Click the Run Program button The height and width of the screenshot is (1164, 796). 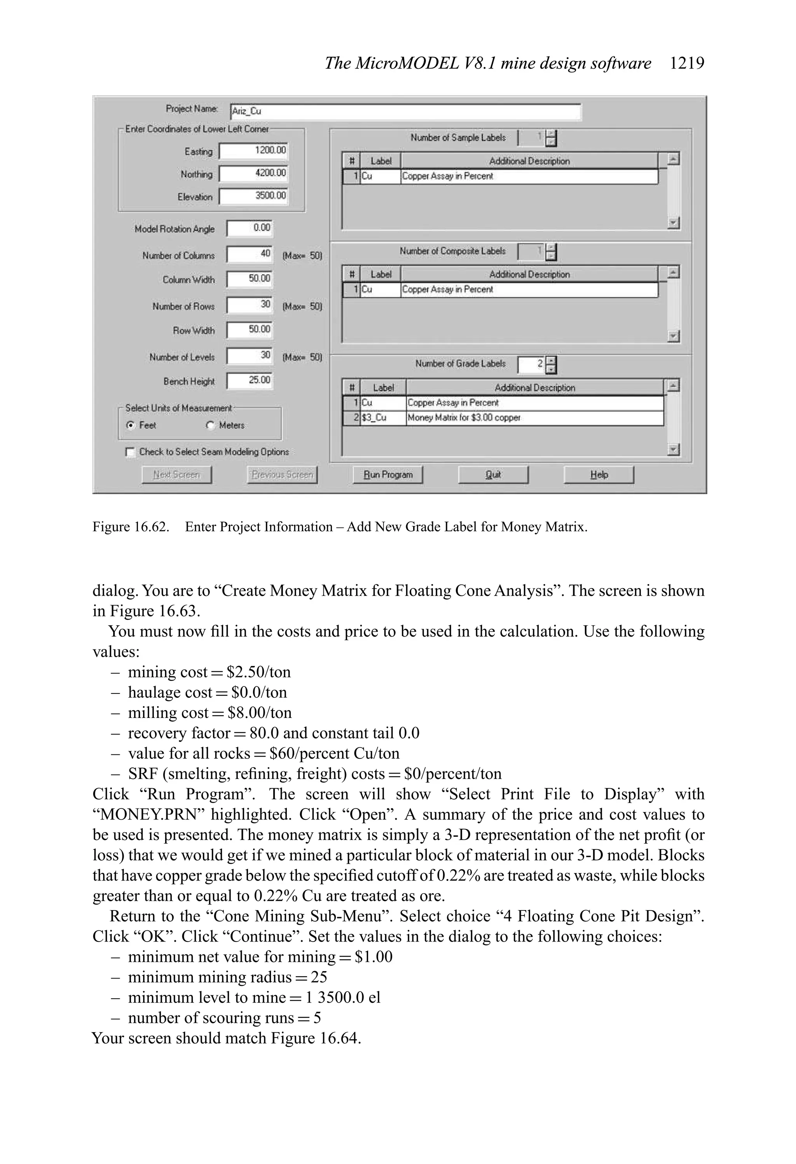pyautogui.click(x=388, y=474)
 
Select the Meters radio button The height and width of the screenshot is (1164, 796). pyautogui.click(x=210, y=425)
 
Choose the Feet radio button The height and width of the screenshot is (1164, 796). pyautogui.click(x=131, y=425)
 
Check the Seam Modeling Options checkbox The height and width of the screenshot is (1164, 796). pyautogui.click(x=130, y=452)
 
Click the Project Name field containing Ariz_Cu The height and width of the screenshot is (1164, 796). pyautogui.click(x=405, y=112)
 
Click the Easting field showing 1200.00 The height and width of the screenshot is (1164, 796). pyautogui.click(x=254, y=151)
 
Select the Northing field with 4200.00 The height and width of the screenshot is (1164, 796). pyautogui.click(x=254, y=173)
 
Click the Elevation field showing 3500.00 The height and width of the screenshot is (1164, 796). pyautogui.click(x=254, y=196)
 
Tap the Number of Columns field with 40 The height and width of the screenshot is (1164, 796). pyautogui.click(x=249, y=254)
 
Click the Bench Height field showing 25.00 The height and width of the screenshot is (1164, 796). pyautogui.click(x=249, y=381)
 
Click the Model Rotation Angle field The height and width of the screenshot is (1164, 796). pyautogui.click(x=249, y=228)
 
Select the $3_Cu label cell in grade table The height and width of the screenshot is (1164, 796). pyautogui.click(x=382, y=418)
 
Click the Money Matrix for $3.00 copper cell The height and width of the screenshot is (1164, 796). pyautogui.click(x=534, y=418)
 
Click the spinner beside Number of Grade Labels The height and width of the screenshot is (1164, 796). pyautogui.click(x=551, y=365)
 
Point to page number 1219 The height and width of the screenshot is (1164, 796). pyautogui.click(x=686, y=63)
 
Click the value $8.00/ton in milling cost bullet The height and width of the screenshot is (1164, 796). pyautogui.click(x=259, y=713)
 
